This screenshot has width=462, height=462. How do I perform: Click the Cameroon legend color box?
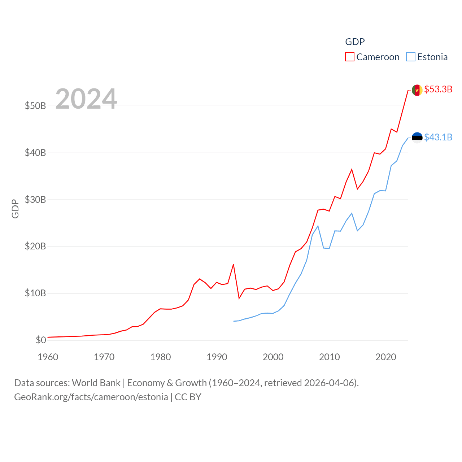350,57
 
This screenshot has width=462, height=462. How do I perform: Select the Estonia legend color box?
411,57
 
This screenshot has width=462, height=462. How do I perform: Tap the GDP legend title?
355,42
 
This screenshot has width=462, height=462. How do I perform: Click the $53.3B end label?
438,89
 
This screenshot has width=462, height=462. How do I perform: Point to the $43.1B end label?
438,137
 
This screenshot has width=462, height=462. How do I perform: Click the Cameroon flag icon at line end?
417,90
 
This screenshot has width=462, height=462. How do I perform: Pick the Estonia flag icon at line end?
417,138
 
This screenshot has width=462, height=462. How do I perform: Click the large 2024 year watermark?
86,99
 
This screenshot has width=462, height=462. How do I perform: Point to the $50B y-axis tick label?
35,106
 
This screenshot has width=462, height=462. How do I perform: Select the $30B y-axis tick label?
35,200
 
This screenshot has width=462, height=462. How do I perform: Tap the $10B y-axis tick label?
35,293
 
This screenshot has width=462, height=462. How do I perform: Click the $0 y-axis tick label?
41,340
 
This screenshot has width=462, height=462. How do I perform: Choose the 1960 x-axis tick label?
48,357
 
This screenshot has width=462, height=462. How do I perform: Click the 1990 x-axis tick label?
217,357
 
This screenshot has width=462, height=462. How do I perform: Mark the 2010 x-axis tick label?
329,357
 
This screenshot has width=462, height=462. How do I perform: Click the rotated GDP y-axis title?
15,209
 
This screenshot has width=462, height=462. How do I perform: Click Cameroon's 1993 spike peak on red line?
234,265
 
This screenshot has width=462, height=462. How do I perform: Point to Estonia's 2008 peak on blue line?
318,226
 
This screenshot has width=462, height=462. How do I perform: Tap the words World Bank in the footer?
96,383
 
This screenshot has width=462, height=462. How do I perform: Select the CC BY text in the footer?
188,397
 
